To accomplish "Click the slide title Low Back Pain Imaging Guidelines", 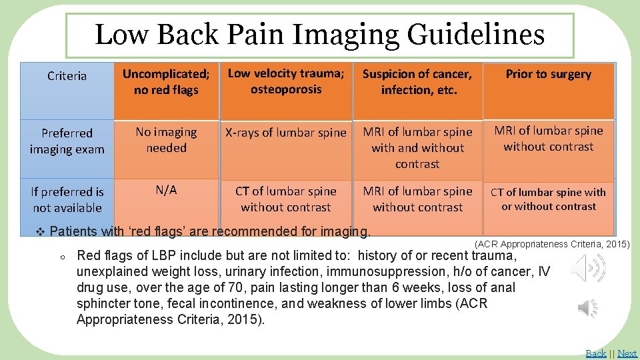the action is pos(319,35).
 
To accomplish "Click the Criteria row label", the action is pos(67,76).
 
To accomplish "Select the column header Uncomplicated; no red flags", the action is pos(166,82).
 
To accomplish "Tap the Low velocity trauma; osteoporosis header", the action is pos(286,81).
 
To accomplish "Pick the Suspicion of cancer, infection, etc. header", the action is pos(417,82).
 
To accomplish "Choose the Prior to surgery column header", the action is pos(548,74).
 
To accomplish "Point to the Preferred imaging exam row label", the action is pos(67,141).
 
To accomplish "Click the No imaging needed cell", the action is pos(166,140).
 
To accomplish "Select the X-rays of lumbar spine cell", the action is pos(286,133).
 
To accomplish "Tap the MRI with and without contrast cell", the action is pos(417,147).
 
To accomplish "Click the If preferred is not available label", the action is pos(67,199).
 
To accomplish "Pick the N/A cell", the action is pos(166,190).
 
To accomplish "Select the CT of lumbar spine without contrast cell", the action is pos(286,199).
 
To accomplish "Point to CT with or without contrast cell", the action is pos(548,199).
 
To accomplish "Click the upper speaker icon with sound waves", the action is pos(589,268).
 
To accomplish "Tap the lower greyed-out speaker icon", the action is pos(587,307).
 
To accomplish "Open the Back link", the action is pos(595,353).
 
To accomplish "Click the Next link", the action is pos(627,353).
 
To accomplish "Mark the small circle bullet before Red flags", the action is pos(61,257).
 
